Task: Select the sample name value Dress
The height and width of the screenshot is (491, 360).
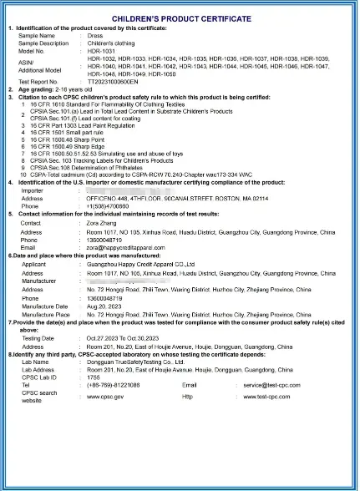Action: [x=93, y=36]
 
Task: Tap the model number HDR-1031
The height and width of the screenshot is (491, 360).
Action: [x=99, y=50]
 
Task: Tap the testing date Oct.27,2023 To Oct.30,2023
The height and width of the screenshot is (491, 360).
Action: [x=129, y=337]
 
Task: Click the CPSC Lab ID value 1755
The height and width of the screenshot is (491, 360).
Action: [x=93, y=376]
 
